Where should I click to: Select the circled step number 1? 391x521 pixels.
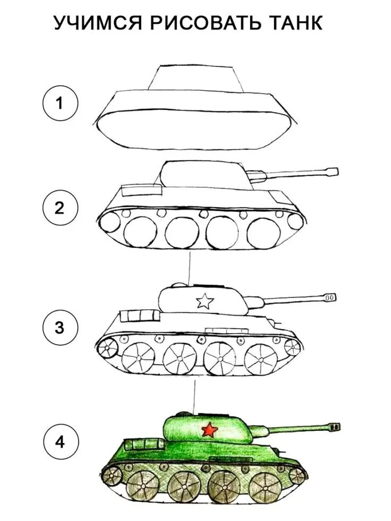60,103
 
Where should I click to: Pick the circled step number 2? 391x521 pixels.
60,208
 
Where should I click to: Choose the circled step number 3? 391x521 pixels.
60,327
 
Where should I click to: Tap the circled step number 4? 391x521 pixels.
60,442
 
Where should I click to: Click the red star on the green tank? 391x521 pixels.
209,429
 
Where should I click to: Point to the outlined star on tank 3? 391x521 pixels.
205,302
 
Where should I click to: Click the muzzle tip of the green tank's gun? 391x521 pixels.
335,426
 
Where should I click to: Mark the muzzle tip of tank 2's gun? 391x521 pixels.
333,172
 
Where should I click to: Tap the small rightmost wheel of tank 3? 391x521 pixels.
292,347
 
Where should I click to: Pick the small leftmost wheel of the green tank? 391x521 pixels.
112,474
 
